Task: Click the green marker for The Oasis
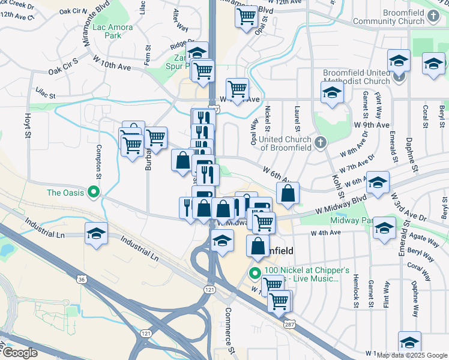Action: pyautogui.click(x=93, y=193)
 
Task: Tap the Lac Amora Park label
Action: pyautogui.click(x=107, y=31)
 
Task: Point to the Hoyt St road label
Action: pyautogui.click(x=27, y=127)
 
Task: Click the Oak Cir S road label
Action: pyautogui.click(x=64, y=70)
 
